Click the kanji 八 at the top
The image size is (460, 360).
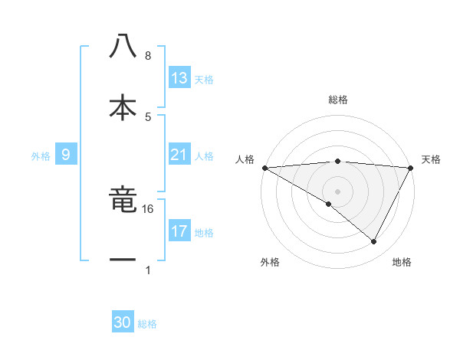click(123, 47)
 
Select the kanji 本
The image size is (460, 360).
click(123, 106)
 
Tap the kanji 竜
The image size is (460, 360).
click(123, 201)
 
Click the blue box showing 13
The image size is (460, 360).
click(179, 78)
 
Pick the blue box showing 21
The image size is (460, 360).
click(179, 155)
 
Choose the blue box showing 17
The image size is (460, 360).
click(179, 231)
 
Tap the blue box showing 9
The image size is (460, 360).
click(66, 155)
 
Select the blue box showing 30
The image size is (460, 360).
click(123, 322)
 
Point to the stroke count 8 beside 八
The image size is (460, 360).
click(148, 56)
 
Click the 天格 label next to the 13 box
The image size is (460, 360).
click(204, 80)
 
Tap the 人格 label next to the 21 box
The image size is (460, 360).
click(204, 156)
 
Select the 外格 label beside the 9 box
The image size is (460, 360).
click(41, 156)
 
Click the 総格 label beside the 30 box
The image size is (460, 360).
click(147, 324)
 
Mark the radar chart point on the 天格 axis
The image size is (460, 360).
click(412, 168)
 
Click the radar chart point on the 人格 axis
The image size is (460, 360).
click(264, 168)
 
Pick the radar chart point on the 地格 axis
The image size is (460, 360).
click(374, 242)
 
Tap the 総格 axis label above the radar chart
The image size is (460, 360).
click(338, 100)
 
